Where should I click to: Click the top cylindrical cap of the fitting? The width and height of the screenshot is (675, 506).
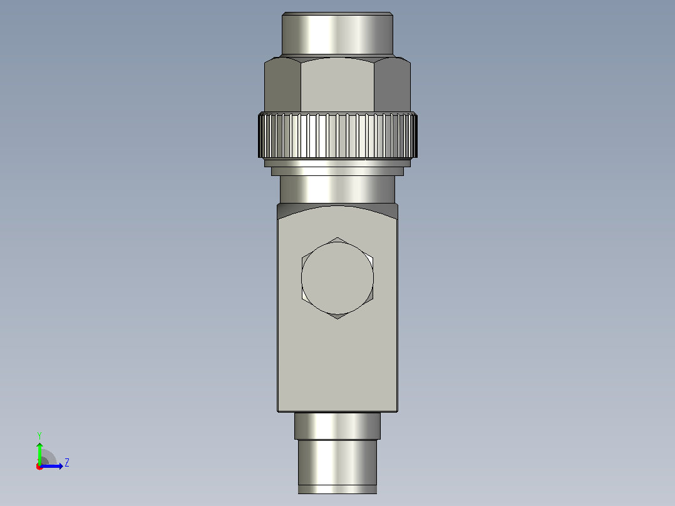point(337,34)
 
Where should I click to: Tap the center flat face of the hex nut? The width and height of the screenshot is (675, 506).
point(337,85)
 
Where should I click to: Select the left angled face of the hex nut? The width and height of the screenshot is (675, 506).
point(282,85)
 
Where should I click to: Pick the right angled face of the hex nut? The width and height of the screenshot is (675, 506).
point(392,85)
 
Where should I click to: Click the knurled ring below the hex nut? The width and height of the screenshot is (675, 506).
point(337,135)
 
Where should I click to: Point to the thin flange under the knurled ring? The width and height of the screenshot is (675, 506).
point(337,163)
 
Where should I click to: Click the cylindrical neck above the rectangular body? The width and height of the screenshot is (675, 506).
point(337,190)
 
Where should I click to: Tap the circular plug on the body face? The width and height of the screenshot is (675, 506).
point(337,278)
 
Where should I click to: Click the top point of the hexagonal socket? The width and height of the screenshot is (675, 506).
point(337,237)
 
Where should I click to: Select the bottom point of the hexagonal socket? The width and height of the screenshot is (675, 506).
point(337,319)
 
